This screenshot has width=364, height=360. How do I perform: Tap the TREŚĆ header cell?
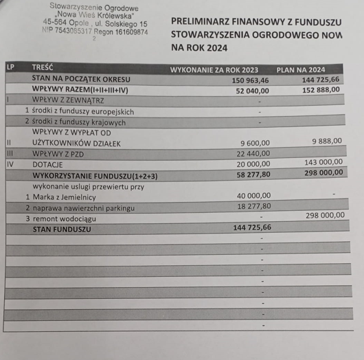pyautogui.click(x=43, y=67)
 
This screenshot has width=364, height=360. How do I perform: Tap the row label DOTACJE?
pyautogui.click(x=47, y=165)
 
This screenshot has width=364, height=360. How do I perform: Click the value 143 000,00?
pyautogui.click(x=323, y=162)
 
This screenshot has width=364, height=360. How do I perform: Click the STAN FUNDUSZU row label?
pyautogui.click(x=62, y=229)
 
